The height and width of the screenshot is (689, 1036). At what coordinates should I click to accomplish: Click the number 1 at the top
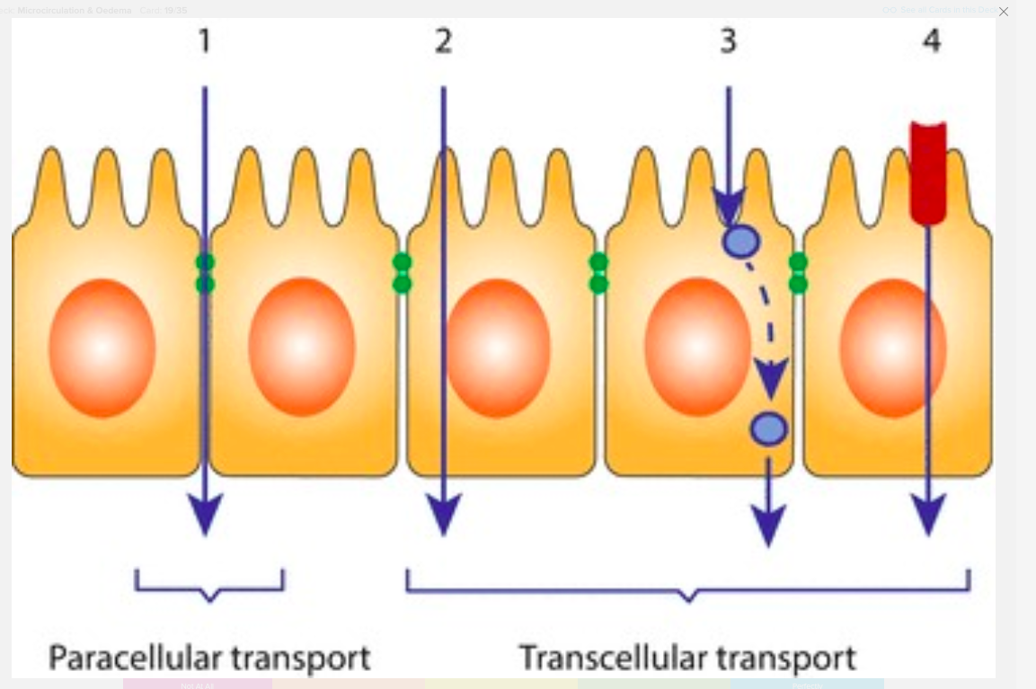(x=205, y=41)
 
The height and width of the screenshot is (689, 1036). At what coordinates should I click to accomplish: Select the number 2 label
(x=443, y=41)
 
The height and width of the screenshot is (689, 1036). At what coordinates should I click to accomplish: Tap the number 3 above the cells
(x=728, y=41)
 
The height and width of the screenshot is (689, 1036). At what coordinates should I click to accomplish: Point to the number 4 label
(x=932, y=41)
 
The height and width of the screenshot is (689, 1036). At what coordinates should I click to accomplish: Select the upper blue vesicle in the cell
(x=741, y=242)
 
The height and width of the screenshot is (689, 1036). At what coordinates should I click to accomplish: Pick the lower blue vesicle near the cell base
(x=769, y=428)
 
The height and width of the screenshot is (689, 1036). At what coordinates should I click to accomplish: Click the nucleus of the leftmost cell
(x=102, y=348)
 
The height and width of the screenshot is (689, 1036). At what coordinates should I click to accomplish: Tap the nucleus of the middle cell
(x=497, y=348)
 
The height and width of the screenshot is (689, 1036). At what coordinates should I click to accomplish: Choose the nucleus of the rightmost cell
(x=892, y=348)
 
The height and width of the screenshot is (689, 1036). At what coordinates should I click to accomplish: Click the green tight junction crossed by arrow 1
(x=205, y=273)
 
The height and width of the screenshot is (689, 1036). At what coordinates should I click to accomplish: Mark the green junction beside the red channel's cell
(x=798, y=273)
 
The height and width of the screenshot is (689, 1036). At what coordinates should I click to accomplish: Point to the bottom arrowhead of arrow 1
(x=206, y=516)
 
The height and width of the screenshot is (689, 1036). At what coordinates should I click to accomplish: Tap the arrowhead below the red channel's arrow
(x=928, y=516)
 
